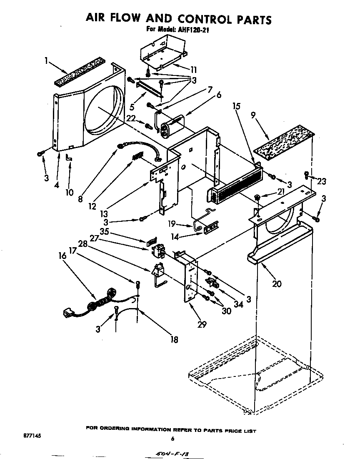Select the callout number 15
[x=236, y=106]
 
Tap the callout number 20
[x=276, y=284]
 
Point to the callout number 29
[x=202, y=324]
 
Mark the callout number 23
[x=321, y=181]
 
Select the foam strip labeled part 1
[x=80, y=72]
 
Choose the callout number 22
[x=131, y=118]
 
